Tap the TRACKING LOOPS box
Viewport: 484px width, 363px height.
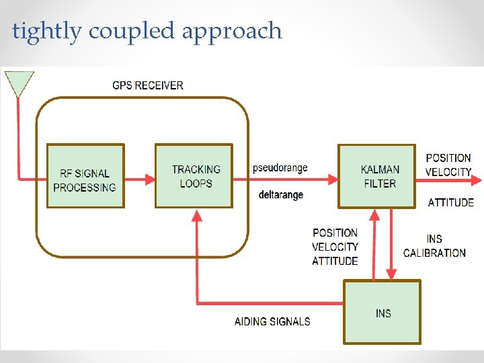[194, 176]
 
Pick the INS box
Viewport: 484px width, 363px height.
[382, 313]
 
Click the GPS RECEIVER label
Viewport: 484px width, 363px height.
[147, 85]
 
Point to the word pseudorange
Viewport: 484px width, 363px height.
[280, 168]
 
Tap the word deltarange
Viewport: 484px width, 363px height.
[280, 195]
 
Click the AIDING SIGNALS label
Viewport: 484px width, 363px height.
[272, 321]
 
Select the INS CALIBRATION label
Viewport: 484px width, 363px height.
[434, 246]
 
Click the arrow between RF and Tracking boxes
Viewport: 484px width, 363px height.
[140, 179]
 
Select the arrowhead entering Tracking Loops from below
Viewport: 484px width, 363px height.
[196, 216]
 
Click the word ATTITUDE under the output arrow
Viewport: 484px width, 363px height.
[450, 202]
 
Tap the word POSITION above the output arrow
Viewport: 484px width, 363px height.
[448, 158]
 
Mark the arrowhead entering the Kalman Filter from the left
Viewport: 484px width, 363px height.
[333, 179]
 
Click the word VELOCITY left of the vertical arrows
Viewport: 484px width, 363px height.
[335, 247]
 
